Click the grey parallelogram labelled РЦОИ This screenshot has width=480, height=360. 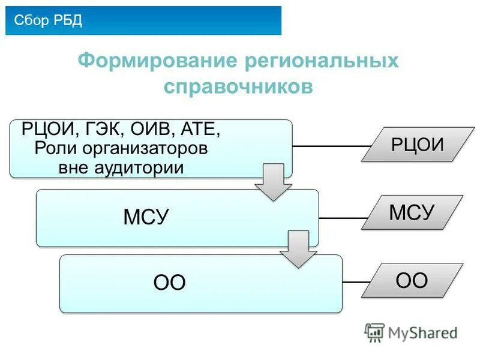click(413, 145)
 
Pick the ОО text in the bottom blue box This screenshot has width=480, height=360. click(170, 283)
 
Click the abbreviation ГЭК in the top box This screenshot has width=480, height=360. click(106, 130)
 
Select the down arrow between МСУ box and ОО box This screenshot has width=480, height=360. click(298, 248)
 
